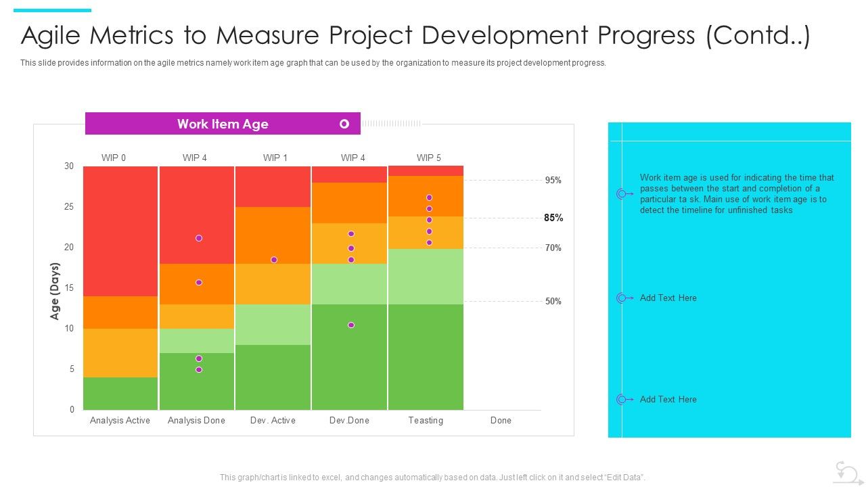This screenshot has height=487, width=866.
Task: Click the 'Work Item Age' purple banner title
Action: (223, 124)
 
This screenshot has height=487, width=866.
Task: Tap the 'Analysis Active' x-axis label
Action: (120, 420)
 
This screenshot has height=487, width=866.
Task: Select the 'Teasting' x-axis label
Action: (426, 420)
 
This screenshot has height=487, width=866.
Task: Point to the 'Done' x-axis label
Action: (501, 420)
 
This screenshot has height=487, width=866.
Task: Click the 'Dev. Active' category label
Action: (273, 420)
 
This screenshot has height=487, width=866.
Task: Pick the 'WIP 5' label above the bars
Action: (428, 158)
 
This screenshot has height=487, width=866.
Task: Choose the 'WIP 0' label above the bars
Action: (114, 158)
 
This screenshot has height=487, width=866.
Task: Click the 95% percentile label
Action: (553, 181)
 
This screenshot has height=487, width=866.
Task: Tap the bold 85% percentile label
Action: (553, 218)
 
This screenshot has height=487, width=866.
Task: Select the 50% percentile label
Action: (553, 302)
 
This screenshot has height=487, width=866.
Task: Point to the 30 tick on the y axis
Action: (69, 166)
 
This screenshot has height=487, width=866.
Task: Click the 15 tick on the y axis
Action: (69, 288)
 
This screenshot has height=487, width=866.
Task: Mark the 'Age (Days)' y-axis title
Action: (55, 291)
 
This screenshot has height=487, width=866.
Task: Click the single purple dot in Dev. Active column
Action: (274, 260)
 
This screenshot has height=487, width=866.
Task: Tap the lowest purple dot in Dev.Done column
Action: (351, 325)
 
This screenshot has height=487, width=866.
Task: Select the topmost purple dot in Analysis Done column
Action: (199, 238)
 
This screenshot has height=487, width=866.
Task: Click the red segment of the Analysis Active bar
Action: (120, 230)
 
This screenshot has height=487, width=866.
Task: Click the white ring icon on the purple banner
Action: (344, 124)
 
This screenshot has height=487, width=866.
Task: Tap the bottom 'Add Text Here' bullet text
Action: (668, 399)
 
